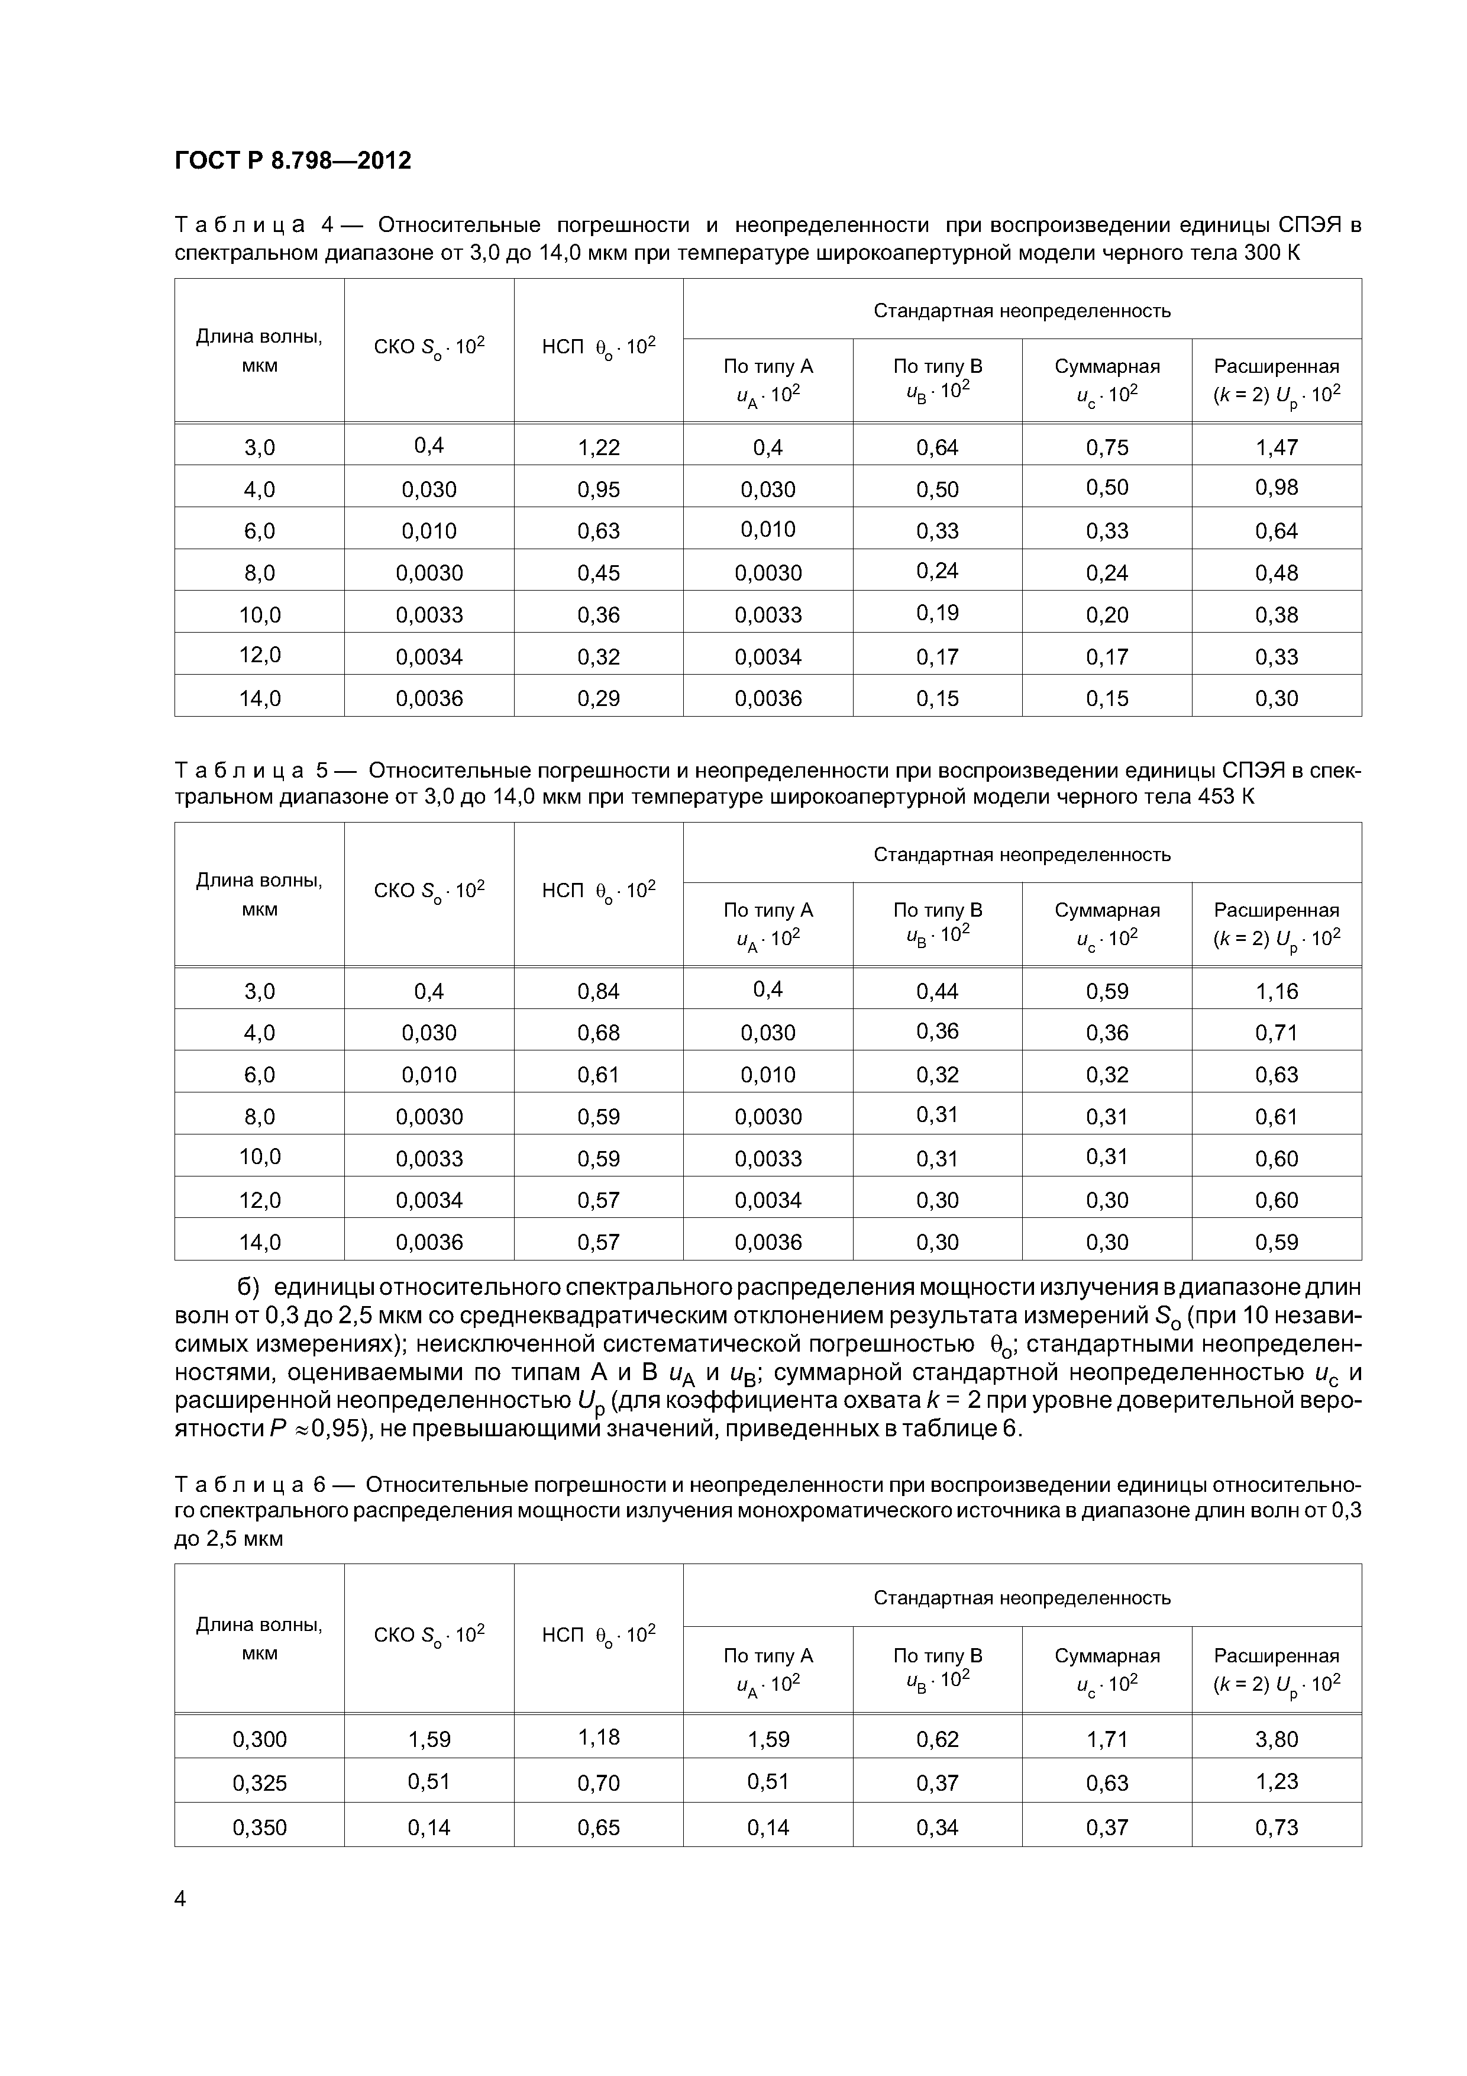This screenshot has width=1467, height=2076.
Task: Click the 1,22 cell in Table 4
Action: [599, 447]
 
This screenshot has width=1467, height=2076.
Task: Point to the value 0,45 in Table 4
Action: [599, 572]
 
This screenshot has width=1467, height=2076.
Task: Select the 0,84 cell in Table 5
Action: [599, 991]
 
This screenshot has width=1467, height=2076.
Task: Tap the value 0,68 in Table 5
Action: [599, 1033]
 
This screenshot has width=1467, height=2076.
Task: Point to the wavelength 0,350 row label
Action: [260, 1827]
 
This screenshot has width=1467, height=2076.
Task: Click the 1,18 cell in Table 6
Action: [599, 1737]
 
